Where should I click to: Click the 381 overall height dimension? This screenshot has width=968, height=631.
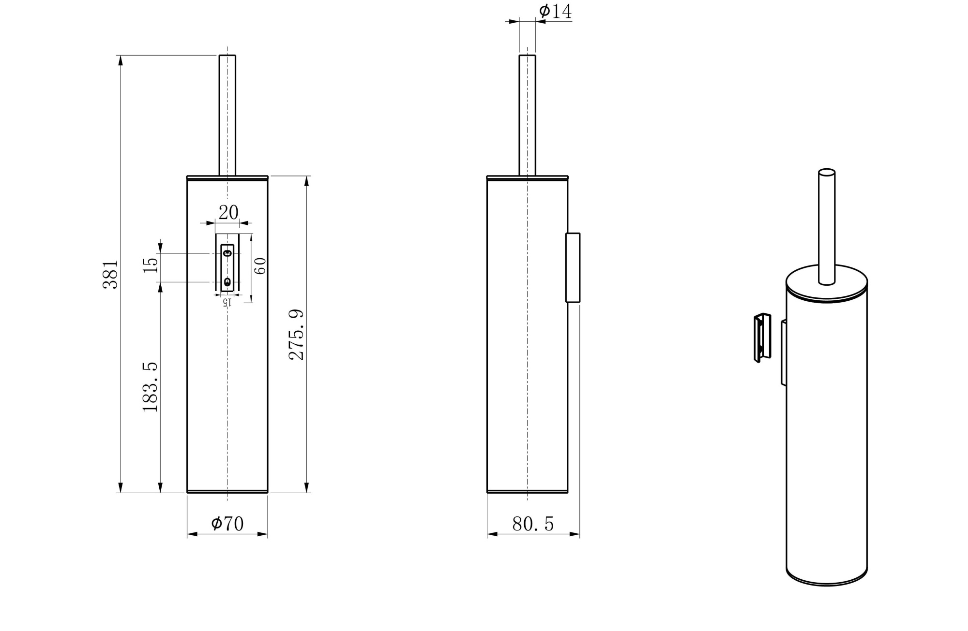110,274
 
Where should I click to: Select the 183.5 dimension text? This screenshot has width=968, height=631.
151,387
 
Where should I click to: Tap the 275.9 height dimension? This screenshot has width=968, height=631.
296,335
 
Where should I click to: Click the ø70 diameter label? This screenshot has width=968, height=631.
227,523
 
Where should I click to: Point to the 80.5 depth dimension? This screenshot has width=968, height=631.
532,524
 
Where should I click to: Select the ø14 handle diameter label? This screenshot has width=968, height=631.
555,11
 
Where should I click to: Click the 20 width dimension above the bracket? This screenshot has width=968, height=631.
228,212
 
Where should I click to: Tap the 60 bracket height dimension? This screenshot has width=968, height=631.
260,266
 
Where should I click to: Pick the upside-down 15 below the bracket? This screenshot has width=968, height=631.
227,302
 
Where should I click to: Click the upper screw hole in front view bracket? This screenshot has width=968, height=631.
227,253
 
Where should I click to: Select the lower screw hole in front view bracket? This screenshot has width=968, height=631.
227,282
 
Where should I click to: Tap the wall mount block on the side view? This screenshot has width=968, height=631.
573,267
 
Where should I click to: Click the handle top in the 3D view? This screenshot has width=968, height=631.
827,172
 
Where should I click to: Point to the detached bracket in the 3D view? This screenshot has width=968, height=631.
762,338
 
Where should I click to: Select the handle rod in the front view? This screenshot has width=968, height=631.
227,116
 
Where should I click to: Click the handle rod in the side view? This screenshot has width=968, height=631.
528,116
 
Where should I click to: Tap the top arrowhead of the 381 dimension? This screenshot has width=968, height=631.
121,60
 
